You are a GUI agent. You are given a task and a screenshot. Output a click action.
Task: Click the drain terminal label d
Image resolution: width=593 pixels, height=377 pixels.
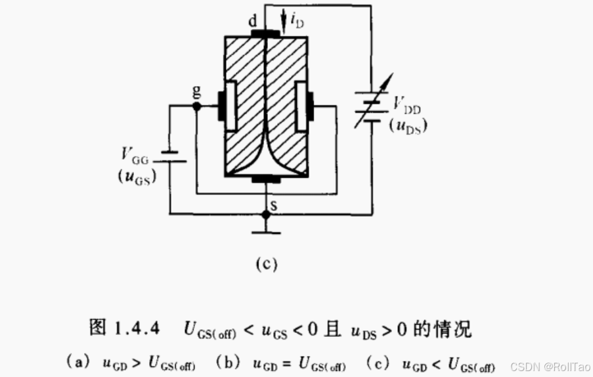tap(253, 22)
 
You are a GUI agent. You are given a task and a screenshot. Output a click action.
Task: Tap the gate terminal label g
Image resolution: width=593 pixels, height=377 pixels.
tap(196, 92)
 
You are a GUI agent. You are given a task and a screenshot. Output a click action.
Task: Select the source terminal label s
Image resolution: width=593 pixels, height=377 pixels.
tap(274, 206)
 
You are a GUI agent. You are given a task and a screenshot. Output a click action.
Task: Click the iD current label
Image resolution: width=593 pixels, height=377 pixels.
tap(297, 24)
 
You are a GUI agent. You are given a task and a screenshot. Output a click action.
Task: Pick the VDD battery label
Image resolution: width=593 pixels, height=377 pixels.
tap(408, 104)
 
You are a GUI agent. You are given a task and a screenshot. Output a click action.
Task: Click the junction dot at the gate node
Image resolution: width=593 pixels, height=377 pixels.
tap(196, 105)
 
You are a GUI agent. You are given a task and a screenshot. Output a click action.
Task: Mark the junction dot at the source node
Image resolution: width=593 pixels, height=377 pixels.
tap(265, 214)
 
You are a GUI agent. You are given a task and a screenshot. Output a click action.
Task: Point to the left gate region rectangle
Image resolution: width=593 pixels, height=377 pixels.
tap(230, 105)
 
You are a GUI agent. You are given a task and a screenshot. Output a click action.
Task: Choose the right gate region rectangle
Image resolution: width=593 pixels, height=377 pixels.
tap(302, 105)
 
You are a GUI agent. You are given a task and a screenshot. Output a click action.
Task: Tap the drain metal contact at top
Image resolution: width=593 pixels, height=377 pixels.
tap(265, 33)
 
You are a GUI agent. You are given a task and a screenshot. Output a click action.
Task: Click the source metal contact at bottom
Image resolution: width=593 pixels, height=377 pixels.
tap(265, 178)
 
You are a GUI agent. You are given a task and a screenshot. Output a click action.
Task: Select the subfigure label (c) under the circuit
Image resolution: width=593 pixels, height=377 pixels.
tap(266, 265)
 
